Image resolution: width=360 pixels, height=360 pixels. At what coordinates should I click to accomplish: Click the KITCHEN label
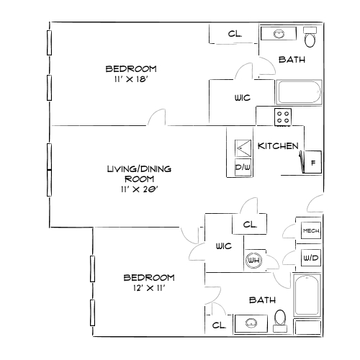coord(278,146)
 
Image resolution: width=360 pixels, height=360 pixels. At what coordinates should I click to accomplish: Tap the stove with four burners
coord(284,115)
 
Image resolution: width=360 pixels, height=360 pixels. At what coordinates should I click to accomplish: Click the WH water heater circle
coord(253,261)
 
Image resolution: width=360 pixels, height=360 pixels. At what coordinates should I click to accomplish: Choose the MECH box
coord(311,230)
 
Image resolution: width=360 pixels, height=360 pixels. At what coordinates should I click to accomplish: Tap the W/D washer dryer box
coord(311,257)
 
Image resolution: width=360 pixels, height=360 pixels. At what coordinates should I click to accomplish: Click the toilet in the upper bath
coord(310,37)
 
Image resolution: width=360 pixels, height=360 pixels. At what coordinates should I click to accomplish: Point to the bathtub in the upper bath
coord(302,92)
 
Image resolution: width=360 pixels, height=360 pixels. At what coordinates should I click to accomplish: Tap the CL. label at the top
coord(235,34)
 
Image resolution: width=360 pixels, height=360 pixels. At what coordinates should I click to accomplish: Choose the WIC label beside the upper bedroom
coord(242,98)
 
